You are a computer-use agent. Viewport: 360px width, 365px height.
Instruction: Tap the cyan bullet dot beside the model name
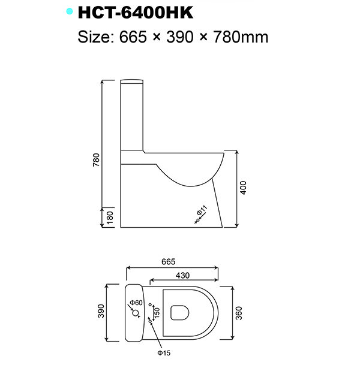tap(70, 11)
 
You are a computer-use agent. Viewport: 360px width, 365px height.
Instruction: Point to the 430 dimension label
tap(183, 275)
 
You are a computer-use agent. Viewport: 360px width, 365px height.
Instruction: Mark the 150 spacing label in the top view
tap(157, 312)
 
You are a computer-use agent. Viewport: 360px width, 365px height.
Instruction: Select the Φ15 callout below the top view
tap(164, 352)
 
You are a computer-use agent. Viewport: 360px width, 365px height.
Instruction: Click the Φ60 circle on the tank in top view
tap(133, 311)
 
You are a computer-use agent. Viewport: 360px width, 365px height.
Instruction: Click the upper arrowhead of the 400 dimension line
tap(239, 153)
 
